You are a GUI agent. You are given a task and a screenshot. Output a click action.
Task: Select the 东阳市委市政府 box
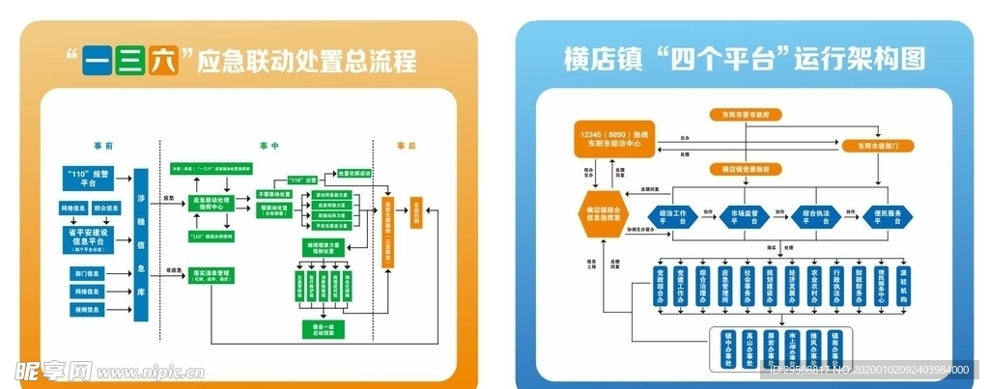[x=746, y=114]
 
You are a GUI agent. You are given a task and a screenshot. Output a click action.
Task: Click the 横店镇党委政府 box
[x=746, y=169]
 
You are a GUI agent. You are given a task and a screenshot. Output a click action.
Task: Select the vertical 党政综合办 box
[x=662, y=287]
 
